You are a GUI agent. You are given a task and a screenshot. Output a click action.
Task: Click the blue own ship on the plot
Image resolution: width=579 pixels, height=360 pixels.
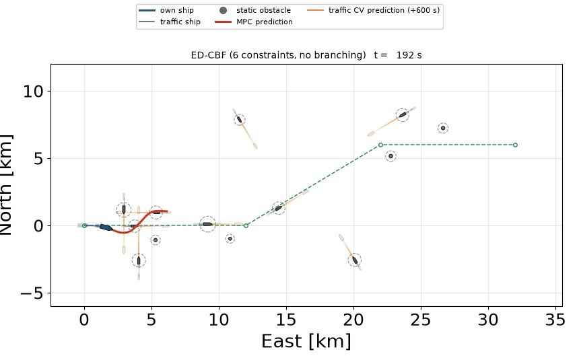click(106, 227)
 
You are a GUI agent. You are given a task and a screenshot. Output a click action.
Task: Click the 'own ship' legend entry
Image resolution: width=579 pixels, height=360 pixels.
click(166, 10)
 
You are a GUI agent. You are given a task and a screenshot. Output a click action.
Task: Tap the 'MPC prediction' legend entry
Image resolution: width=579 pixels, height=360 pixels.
click(254, 22)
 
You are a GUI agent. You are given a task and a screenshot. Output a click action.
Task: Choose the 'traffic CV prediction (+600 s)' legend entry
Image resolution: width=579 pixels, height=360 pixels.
click(374, 10)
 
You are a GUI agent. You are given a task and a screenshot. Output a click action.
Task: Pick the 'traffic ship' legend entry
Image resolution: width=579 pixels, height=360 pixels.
click(170, 22)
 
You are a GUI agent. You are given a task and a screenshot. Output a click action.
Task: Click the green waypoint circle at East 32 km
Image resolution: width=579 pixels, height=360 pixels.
click(516, 145)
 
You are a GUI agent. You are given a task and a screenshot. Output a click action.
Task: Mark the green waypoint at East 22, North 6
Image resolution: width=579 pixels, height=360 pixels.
click(380, 145)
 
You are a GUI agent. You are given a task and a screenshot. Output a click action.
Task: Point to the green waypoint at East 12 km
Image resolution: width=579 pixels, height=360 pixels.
click(246, 225)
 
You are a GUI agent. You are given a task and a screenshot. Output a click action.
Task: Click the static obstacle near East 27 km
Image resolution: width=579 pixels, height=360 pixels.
click(443, 128)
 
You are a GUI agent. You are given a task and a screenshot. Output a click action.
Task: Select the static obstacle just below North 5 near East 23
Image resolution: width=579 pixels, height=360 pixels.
click(390, 156)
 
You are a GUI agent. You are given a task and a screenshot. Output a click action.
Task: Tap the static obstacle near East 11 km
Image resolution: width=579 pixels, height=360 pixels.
click(230, 238)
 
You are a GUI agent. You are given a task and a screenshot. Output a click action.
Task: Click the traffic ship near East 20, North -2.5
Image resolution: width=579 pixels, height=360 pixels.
click(355, 260)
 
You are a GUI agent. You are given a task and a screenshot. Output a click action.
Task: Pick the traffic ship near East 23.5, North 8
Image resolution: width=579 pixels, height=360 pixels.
click(403, 115)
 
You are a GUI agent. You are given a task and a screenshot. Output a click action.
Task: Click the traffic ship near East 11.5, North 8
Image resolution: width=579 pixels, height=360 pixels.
click(239, 119)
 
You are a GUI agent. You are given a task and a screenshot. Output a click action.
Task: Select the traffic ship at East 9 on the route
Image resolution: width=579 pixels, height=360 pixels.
click(207, 224)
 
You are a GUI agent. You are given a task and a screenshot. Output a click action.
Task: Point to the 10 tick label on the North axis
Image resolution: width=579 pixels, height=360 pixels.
click(32, 92)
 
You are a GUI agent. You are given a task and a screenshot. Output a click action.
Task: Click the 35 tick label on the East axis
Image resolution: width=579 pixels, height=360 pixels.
click(555, 320)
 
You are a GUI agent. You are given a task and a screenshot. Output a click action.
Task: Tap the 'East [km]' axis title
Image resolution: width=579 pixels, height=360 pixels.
click(306, 340)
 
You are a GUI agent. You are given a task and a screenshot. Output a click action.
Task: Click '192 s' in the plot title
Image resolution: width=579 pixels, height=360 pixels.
click(409, 55)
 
